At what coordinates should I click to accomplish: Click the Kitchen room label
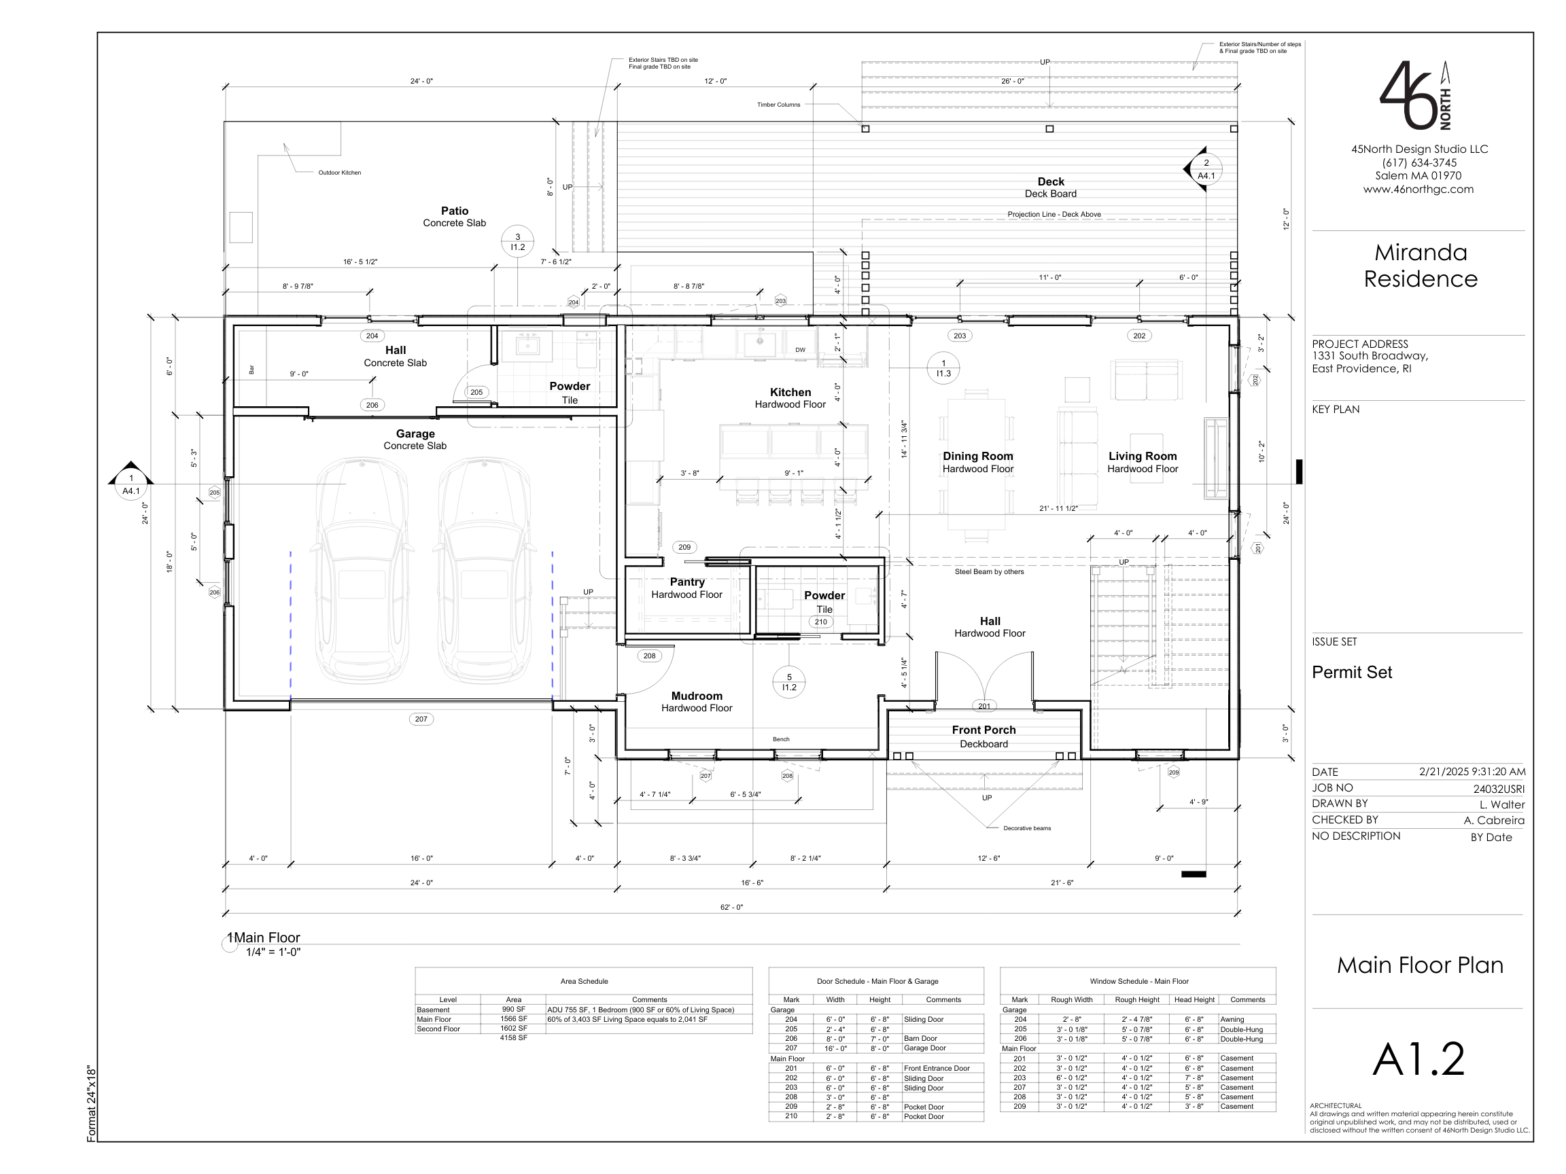tap(790, 392)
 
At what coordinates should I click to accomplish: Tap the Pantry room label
tap(686, 582)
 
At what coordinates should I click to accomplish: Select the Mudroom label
tap(697, 696)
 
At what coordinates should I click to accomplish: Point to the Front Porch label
tap(984, 730)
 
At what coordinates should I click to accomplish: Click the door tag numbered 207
tap(421, 719)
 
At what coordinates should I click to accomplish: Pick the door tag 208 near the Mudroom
tap(649, 656)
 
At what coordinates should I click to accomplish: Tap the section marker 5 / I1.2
tap(789, 682)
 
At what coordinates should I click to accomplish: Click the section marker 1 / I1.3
tap(943, 368)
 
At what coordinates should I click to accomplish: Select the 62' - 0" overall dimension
tap(731, 907)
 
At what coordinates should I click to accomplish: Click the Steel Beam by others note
tap(989, 572)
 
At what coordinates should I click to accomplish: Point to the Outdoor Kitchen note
tap(339, 173)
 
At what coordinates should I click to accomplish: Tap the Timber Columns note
tap(778, 105)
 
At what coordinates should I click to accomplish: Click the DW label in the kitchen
tap(800, 350)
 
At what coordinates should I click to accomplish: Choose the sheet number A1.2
tap(1419, 1059)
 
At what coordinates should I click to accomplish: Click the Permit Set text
tap(1351, 673)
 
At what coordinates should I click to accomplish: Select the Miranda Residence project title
tap(1420, 266)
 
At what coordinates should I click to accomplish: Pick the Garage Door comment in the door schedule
tap(924, 1048)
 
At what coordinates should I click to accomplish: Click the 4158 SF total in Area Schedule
tap(513, 1037)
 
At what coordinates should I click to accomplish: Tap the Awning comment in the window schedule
tap(1232, 1020)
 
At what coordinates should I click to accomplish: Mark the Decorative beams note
tap(1026, 828)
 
